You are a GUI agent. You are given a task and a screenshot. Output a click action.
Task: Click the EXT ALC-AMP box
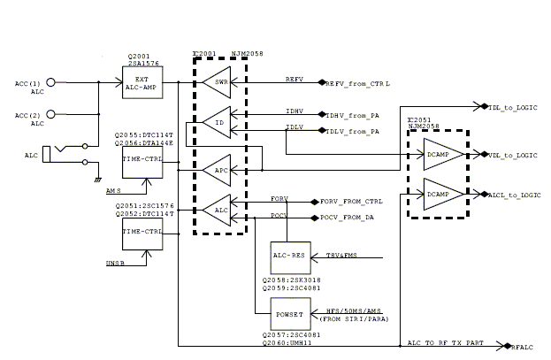142,82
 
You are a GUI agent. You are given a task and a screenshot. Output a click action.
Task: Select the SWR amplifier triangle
216,82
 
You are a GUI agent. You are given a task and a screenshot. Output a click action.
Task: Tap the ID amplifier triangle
216,123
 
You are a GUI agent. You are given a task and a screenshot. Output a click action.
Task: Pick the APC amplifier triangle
216,167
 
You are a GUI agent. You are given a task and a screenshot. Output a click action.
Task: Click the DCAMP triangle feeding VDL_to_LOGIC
438,154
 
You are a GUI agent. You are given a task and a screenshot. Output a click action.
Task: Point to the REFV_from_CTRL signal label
358,83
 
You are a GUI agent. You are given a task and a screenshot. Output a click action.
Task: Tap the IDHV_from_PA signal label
352,115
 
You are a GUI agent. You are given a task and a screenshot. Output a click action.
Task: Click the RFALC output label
522,348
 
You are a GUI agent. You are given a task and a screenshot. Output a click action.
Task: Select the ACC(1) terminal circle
51,82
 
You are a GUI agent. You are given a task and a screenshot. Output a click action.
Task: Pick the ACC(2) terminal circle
51,114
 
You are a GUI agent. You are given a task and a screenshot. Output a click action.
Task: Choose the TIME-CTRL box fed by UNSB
142,233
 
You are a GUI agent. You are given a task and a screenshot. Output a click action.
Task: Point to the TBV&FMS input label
341,257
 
